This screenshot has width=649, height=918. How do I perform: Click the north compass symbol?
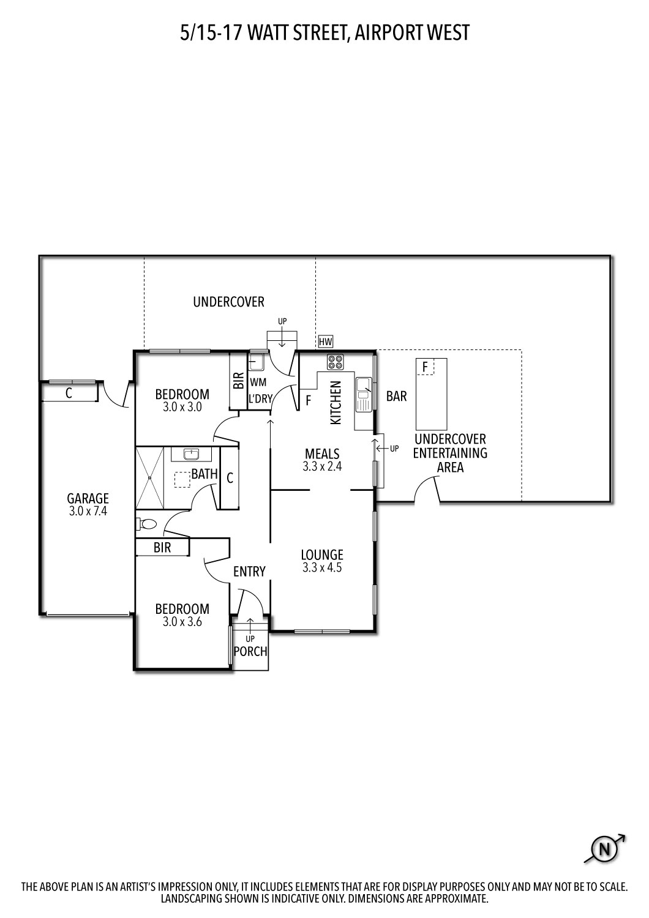[x=605, y=849]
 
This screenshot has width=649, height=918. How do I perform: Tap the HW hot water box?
[x=325, y=341]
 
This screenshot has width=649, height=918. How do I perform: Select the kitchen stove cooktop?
[x=336, y=362]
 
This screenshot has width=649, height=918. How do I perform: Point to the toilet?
[x=147, y=524]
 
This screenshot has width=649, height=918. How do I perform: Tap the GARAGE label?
[x=88, y=498]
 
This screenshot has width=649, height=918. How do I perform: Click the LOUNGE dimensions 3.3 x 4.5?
[x=322, y=567]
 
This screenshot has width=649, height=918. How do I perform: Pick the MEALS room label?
[x=322, y=453]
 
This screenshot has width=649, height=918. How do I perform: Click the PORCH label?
[x=251, y=651]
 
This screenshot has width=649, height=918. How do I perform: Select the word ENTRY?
[x=249, y=572]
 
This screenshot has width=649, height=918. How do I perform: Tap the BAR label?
[x=396, y=397]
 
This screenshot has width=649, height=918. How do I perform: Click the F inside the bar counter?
[x=424, y=367]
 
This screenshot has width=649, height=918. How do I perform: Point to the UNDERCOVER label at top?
[x=228, y=302]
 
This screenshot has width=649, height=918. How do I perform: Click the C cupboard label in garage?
[x=69, y=394]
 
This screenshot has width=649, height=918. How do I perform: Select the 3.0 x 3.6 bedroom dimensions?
[x=182, y=622]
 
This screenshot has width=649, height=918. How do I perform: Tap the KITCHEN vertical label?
[x=336, y=403]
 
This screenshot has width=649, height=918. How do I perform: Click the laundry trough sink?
[x=257, y=362]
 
